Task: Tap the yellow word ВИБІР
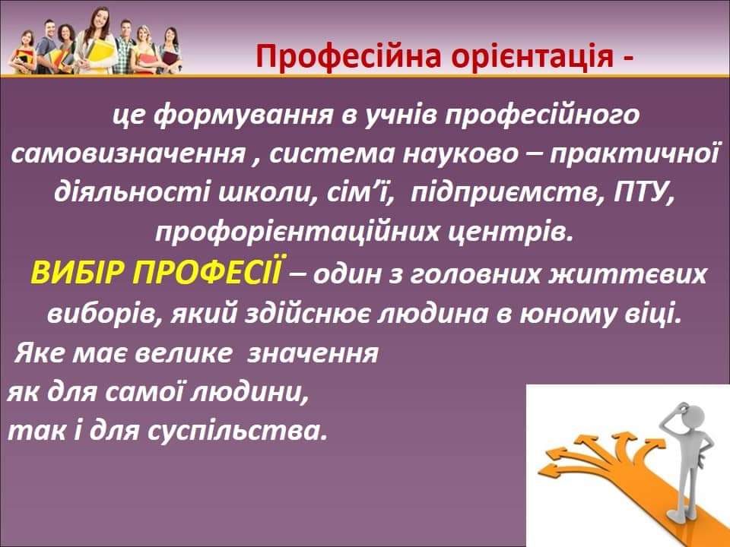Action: click(x=78, y=273)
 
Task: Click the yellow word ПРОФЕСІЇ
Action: click(x=208, y=272)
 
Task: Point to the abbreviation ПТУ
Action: click(x=644, y=192)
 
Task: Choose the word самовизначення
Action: click(x=128, y=153)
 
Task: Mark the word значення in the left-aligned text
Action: click(x=313, y=353)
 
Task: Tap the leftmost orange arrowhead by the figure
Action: click(x=547, y=470)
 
